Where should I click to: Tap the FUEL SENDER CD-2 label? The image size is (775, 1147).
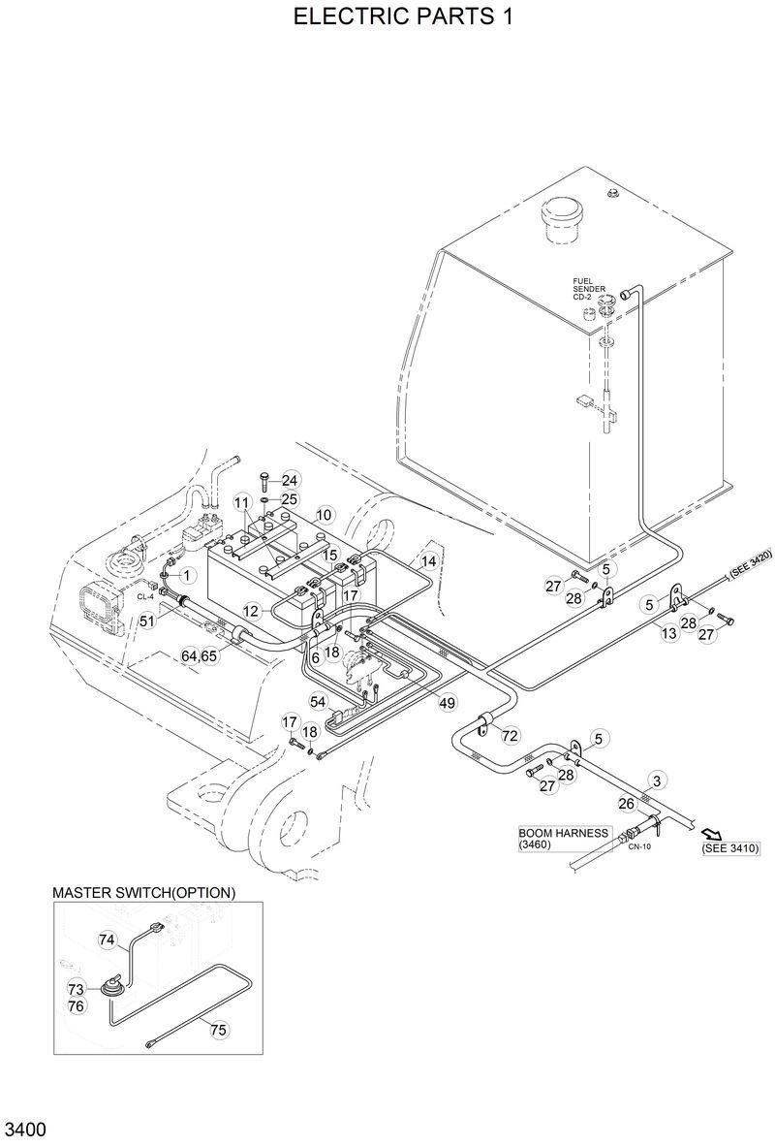[x=589, y=289]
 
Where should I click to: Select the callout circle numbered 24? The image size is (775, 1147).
[x=290, y=480]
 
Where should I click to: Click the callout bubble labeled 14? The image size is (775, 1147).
[x=428, y=561]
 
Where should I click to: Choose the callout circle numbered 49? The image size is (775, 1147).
[x=447, y=703]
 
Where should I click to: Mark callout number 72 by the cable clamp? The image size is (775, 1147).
[x=510, y=736]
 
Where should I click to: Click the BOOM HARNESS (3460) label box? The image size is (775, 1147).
[x=564, y=839]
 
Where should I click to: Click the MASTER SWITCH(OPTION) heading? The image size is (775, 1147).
[x=143, y=892]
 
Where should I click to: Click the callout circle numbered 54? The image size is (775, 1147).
[x=319, y=701]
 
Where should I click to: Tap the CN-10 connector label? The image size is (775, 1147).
[x=638, y=846]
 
